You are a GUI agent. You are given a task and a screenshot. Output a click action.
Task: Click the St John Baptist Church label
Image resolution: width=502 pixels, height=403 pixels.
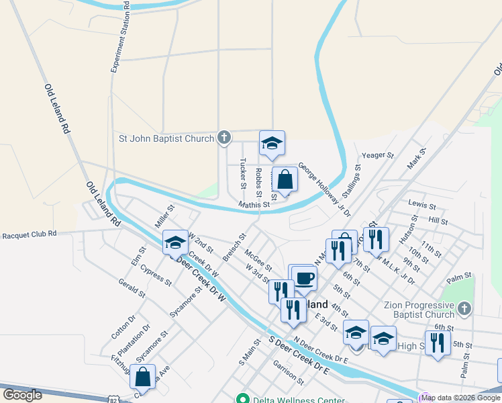point(166,139)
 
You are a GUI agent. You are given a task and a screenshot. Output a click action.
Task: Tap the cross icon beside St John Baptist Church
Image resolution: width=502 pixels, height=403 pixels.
point(224,138)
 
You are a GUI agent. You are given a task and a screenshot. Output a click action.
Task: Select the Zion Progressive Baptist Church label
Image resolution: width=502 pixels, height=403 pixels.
point(419,310)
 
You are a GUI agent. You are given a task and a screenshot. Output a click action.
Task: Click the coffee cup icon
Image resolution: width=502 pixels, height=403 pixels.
point(304,277)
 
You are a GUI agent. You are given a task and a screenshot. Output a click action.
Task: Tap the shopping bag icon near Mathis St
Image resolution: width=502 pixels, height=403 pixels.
point(285,179)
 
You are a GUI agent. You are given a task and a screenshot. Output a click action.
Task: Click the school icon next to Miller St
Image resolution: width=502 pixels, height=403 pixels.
point(176,242)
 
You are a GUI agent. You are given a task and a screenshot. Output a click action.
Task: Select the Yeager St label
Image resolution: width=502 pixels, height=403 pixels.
point(377,155)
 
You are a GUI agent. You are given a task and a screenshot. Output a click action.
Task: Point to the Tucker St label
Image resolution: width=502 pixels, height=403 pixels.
point(242,174)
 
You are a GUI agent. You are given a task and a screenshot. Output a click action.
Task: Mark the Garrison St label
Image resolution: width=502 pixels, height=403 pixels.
point(289,372)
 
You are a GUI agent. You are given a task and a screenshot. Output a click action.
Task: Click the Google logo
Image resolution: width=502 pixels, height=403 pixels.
point(21,394)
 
